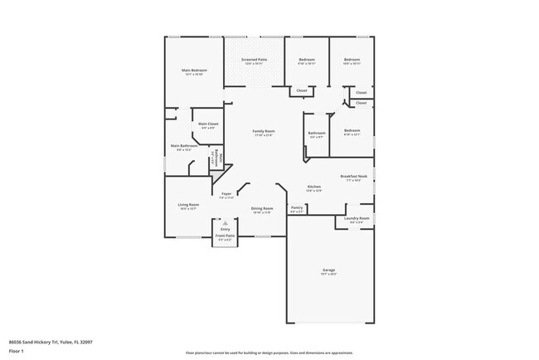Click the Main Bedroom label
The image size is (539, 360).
click(194, 71)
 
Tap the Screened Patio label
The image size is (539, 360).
click(254, 60)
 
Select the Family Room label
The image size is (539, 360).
click(264, 131)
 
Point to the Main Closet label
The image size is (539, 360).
click(208, 124)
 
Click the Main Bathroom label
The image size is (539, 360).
click(182, 146)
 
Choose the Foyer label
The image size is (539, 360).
click(226, 194)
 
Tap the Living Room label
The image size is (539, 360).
click(188, 204)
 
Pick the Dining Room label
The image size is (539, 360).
click(262, 208)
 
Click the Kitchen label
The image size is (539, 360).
click(314, 187)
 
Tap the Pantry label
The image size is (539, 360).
click(297, 207)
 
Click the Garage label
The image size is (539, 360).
click(329, 270)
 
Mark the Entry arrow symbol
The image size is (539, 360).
click(225, 223)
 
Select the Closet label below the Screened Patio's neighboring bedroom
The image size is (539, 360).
click(302, 90)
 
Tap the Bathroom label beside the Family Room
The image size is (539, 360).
click(317, 133)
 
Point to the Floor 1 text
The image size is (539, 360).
click(17, 351)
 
